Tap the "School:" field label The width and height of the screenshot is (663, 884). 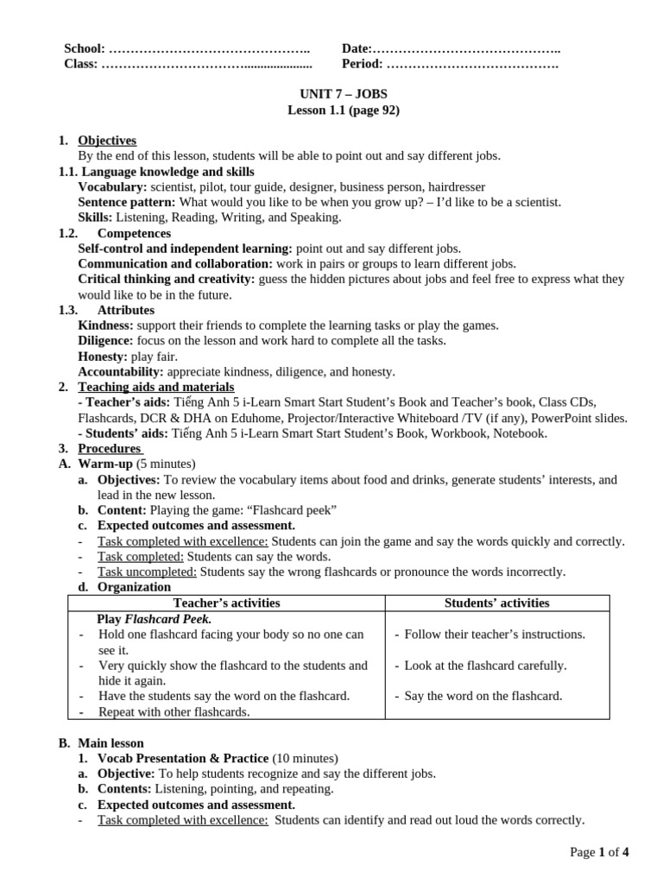85,48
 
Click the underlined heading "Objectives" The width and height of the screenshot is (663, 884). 107,141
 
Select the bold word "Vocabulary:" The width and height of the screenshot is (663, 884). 112,186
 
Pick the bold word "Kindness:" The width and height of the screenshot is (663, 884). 105,325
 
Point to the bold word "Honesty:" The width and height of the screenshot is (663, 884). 103,356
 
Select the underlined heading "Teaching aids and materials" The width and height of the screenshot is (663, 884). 156,387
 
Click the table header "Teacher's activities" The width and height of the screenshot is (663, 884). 226,603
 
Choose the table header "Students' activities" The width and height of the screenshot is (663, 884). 496,603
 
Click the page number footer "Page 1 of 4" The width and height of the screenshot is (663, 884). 599,852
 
